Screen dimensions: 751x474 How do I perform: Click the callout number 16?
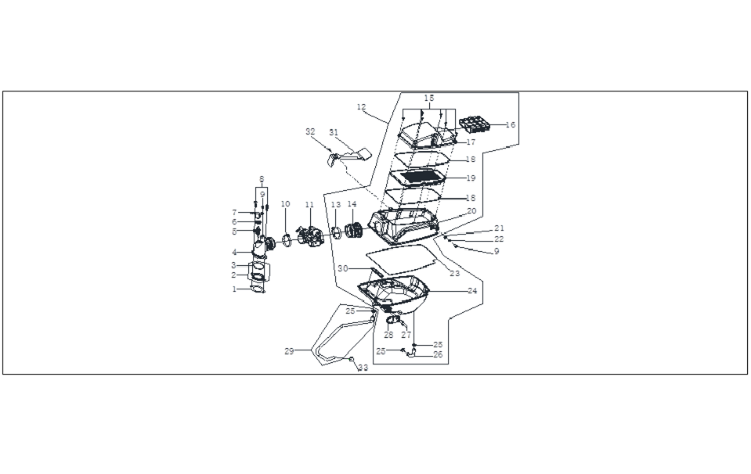(511, 125)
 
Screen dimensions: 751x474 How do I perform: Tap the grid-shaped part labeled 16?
(475, 124)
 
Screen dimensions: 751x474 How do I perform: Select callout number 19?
(471, 178)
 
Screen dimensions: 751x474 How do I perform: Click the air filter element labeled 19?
(420, 177)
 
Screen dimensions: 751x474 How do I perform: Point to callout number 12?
(362, 106)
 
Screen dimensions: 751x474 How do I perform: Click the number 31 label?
(334, 132)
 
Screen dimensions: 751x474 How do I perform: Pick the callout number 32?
(310, 131)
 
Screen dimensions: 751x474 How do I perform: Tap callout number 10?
(286, 204)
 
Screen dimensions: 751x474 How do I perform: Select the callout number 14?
(352, 204)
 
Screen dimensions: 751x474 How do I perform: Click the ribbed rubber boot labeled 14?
(355, 231)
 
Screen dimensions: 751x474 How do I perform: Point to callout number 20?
(471, 211)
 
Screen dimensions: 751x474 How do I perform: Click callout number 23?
(454, 273)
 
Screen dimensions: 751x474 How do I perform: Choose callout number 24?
(472, 290)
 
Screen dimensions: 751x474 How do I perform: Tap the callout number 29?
(289, 351)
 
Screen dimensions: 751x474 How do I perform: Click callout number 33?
(363, 368)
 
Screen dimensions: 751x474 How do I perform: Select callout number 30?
(343, 268)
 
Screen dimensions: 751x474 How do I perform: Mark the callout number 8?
(262, 179)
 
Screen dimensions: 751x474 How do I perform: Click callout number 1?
(234, 289)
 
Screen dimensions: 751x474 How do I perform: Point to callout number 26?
(438, 354)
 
